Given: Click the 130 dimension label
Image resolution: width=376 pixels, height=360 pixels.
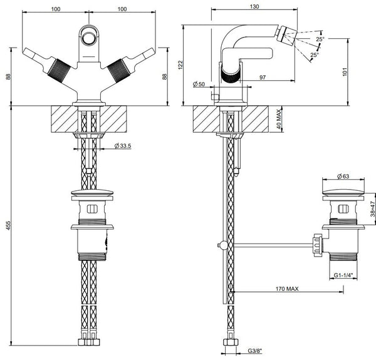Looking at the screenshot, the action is tap(254, 6).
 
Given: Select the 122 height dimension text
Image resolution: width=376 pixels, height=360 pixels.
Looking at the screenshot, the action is tap(180, 65).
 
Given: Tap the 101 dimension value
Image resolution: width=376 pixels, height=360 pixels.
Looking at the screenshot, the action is tap(345, 71).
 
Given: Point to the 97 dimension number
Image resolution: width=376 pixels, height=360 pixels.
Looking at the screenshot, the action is tap(263, 77).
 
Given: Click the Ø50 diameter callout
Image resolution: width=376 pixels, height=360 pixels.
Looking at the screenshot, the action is tap(199, 84).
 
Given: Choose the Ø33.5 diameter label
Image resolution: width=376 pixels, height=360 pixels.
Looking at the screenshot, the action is tap(123, 146).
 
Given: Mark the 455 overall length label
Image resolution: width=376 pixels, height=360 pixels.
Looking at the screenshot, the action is tap(8, 225).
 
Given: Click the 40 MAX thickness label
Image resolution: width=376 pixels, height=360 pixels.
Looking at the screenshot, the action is tap(279, 119).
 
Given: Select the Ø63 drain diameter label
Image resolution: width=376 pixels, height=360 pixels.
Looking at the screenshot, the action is tap(343, 177).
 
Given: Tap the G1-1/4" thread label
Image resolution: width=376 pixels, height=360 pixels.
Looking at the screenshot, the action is tap(343, 275).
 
